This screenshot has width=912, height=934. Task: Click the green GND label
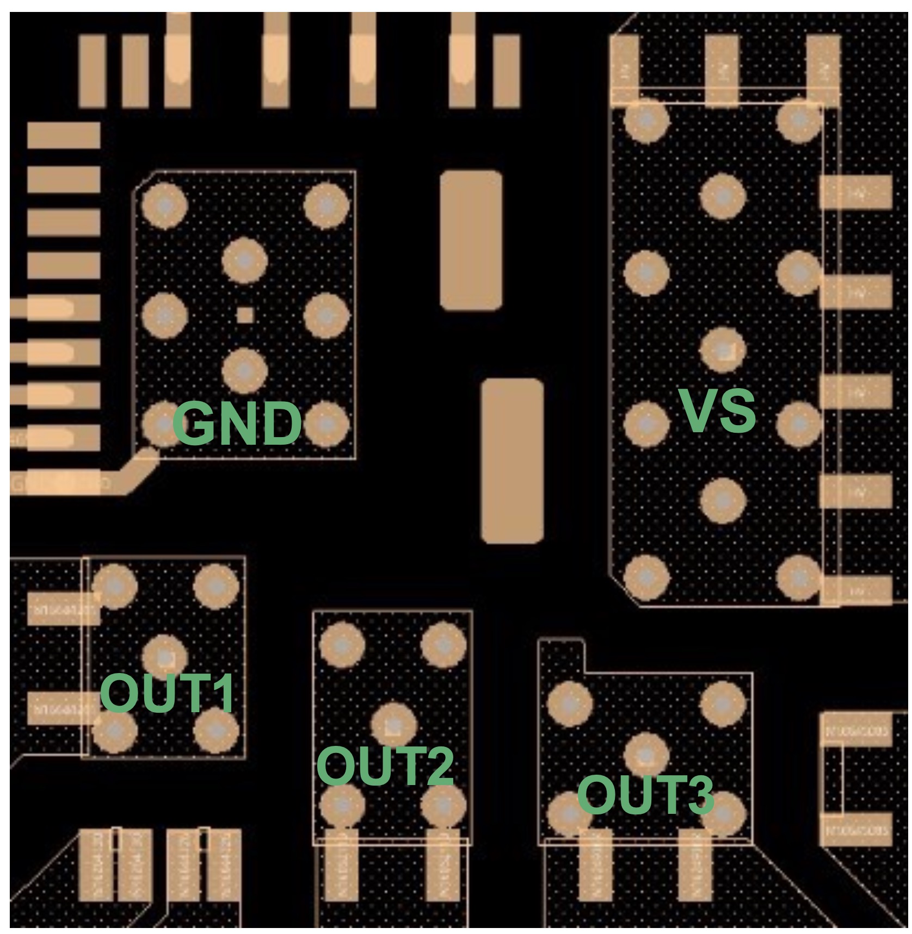click(x=238, y=424)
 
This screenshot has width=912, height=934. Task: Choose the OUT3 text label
click(x=645, y=795)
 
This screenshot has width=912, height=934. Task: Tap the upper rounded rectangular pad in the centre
click(x=471, y=241)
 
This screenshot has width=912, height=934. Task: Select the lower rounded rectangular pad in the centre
click(x=512, y=460)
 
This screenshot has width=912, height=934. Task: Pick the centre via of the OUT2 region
click(x=393, y=725)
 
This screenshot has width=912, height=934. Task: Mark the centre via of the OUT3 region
click(x=646, y=755)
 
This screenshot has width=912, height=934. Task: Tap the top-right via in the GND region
click(x=326, y=206)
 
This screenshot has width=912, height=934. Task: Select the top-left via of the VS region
click(x=646, y=120)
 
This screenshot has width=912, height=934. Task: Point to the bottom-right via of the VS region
click(x=799, y=576)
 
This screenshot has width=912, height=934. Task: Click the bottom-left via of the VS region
click(x=646, y=576)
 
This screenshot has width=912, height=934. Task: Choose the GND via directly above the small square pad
click(x=245, y=260)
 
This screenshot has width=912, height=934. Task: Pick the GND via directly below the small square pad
click(x=245, y=371)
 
